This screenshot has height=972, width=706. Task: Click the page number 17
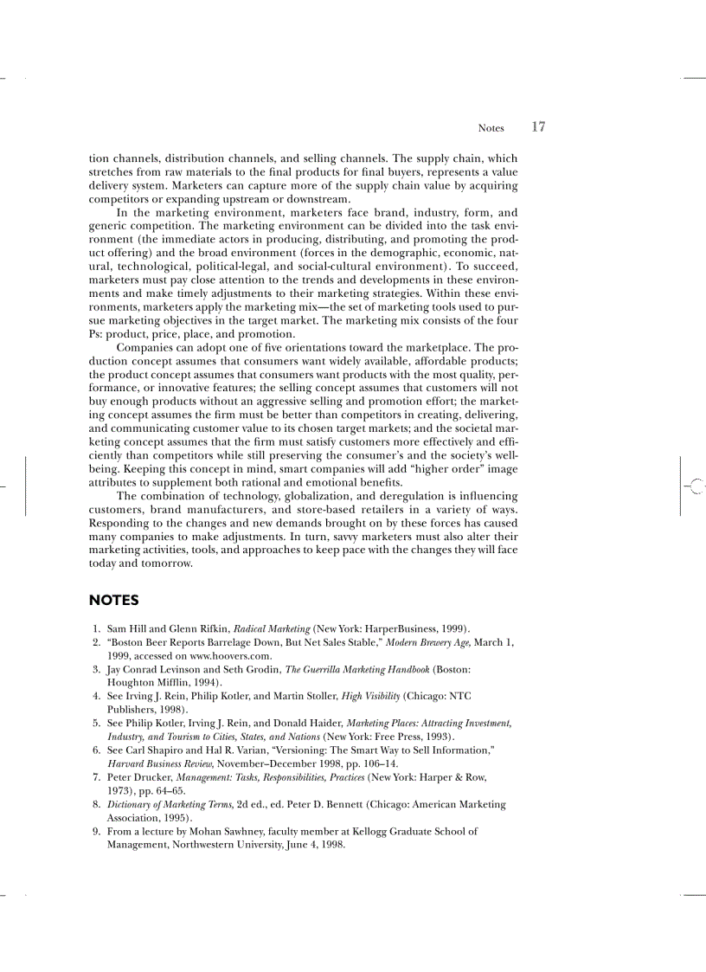[538, 127]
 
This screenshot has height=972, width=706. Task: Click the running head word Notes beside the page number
[491, 128]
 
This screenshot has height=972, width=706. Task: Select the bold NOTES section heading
[113, 600]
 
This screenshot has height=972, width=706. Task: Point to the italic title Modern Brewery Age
[427, 642]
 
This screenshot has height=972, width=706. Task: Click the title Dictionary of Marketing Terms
[158, 804]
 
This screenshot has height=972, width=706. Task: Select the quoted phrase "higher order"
[449, 469]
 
